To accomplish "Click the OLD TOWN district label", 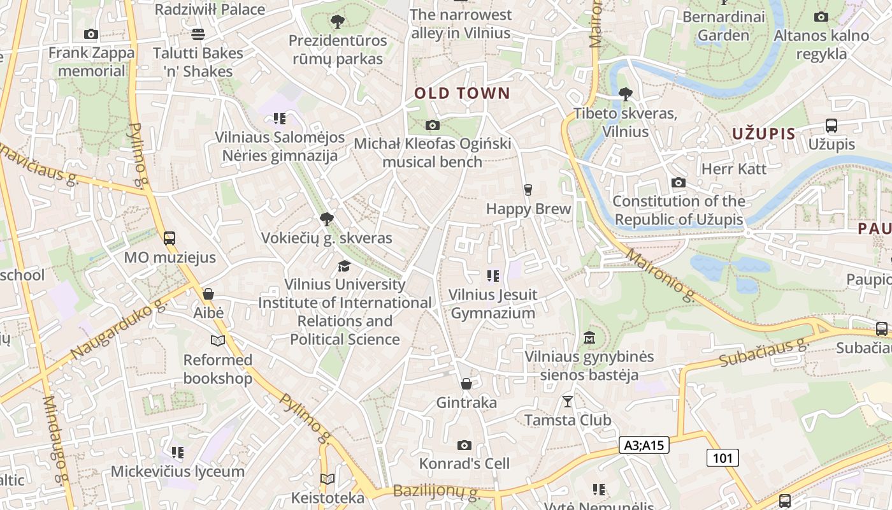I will [x=462, y=94].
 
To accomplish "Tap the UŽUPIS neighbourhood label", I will [x=764, y=134].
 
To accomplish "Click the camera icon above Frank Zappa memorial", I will [x=91, y=34].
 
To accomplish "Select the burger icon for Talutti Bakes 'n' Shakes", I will [x=198, y=34].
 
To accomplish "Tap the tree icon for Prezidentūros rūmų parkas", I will [x=338, y=22].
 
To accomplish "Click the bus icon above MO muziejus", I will [x=169, y=238].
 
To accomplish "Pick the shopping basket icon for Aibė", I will [x=208, y=294].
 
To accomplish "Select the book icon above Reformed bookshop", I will [x=218, y=340].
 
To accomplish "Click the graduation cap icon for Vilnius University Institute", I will [x=344, y=265].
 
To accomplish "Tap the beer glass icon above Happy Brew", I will [x=528, y=189].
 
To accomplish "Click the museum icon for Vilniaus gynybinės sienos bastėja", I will [x=589, y=337].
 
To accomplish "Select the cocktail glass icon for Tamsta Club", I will [x=567, y=401].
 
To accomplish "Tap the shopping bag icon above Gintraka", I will [x=466, y=384].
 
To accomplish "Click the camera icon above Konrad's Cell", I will [x=464, y=444].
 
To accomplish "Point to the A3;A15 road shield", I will [x=644, y=445].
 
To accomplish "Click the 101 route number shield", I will [x=723, y=457].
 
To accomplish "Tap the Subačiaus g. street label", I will [x=763, y=353].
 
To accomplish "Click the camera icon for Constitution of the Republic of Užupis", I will [x=679, y=183].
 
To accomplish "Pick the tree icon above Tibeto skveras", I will [x=625, y=94].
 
